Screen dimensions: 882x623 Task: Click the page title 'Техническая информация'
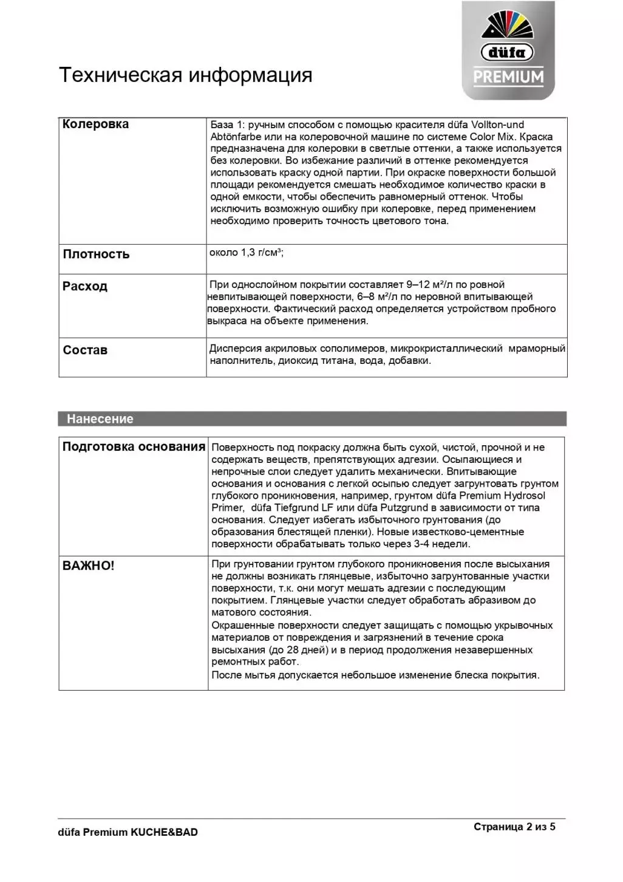(x=185, y=75)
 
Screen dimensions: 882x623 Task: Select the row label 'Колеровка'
(x=95, y=124)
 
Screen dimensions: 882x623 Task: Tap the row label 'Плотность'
(x=96, y=254)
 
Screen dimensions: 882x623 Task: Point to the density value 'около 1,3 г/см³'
(x=246, y=253)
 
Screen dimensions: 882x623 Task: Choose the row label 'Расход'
(x=85, y=286)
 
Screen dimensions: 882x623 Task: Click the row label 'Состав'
(x=85, y=350)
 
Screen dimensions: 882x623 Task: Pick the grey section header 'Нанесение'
(x=100, y=419)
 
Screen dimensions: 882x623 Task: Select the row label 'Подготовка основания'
(x=134, y=446)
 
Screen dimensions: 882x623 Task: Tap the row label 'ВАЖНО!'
(x=88, y=566)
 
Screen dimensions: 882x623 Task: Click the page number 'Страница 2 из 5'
(x=514, y=827)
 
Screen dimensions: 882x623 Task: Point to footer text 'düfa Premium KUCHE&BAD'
(x=128, y=832)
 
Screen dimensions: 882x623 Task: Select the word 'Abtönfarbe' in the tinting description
(x=236, y=137)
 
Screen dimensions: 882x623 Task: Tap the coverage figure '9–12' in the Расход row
(x=418, y=284)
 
